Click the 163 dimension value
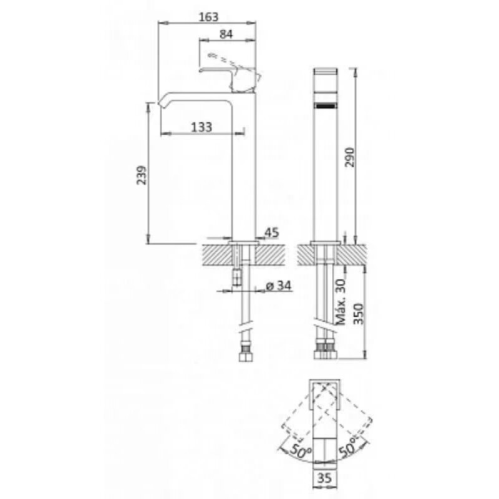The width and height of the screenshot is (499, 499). tap(209, 17)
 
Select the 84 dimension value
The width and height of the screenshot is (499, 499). tap(226, 34)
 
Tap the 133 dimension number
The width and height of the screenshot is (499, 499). tap(201, 127)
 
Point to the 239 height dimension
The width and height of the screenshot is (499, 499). tap(142, 175)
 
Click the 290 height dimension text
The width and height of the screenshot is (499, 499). tap(350, 157)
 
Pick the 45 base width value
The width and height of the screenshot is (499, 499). tap(272, 232)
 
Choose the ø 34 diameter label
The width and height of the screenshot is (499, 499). tap(278, 286)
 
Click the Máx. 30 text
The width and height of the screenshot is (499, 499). tap(341, 302)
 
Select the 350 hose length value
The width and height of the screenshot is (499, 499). tap(359, 314)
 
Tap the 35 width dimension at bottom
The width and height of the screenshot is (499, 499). tap(324, 478)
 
